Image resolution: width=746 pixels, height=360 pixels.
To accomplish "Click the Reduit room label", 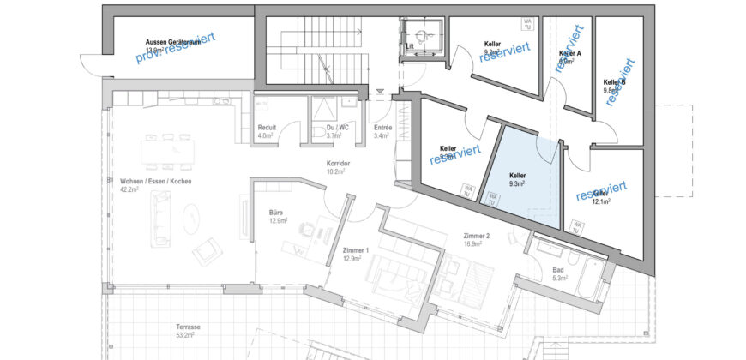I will click(x=266, y=131).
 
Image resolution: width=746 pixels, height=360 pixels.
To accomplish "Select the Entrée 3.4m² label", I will click(x=382, y=131).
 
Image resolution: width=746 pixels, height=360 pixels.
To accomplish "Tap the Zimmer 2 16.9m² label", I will click(x=477, y=239).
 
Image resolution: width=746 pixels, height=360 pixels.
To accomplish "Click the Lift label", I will click(x=410, y=46).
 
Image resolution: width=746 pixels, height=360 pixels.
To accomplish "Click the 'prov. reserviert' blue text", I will click(x=175, y=48).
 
